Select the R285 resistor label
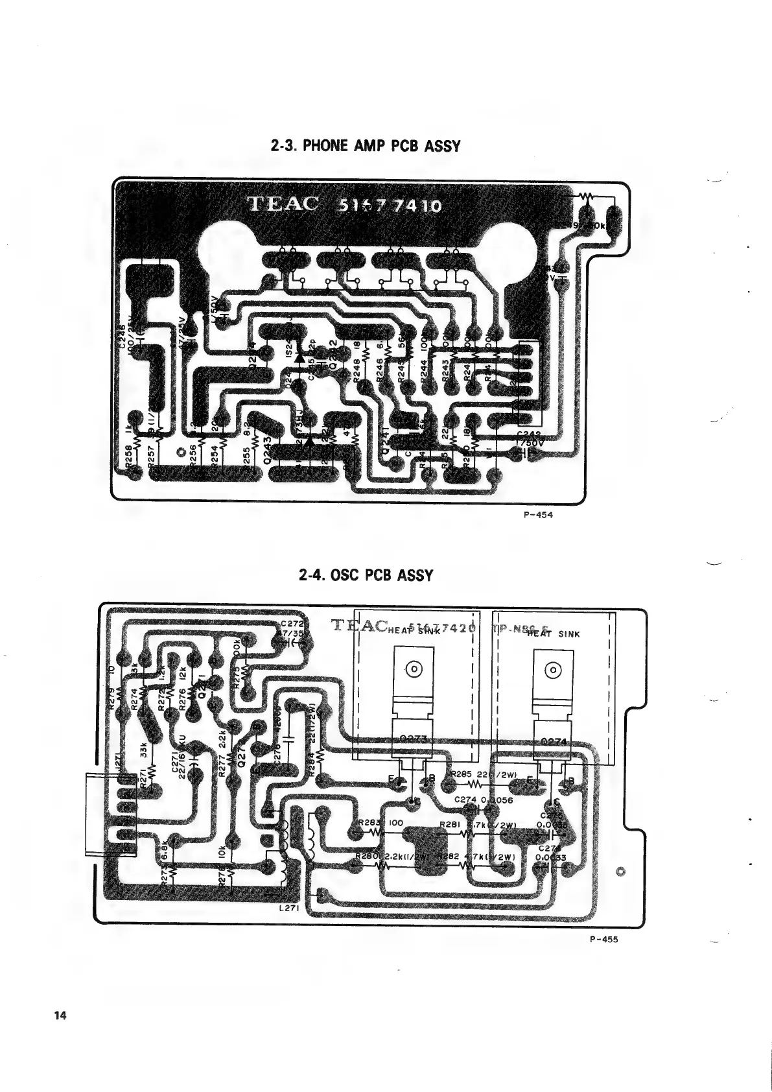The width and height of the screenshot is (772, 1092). click(463, 774)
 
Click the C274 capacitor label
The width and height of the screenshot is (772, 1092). click(466, 800)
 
